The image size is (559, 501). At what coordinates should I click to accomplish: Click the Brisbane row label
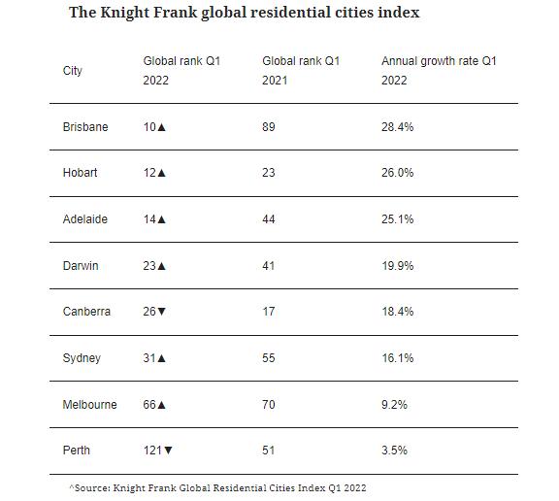[x=85, y=127]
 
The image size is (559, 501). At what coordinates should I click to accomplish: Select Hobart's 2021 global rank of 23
[x=269, y=173]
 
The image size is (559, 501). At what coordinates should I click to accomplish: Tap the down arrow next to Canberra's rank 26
[x=161, y=312]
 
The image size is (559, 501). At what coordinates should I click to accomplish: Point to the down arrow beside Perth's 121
[x=168, y=451]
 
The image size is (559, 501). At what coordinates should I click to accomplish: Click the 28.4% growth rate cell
[x=398, y=127]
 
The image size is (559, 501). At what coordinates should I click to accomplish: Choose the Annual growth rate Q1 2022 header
[x=439, y=71]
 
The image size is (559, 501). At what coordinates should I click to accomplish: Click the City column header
[x=73, y=71]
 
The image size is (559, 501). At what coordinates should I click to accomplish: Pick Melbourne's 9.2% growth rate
[x=394, y=405]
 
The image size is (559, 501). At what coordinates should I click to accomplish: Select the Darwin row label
[x=81, y=266]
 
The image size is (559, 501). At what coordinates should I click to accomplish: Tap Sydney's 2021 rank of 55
[x=269, y=358]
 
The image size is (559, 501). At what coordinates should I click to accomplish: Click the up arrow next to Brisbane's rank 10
[x=161, y=127]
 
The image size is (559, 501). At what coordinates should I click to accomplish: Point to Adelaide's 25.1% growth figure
[x=398, y=219]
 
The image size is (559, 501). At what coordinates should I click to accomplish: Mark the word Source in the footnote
[x=92, y=487]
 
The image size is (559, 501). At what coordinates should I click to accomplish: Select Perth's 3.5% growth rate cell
[x=394, y=451]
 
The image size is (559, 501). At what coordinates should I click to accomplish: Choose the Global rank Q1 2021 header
[x=301, y=71]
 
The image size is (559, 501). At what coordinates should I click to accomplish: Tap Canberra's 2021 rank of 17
[x=269, y=312]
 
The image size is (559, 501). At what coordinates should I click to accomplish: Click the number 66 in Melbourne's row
[x=149, y=405]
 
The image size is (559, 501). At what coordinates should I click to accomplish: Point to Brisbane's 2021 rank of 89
[x=269, y=127]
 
